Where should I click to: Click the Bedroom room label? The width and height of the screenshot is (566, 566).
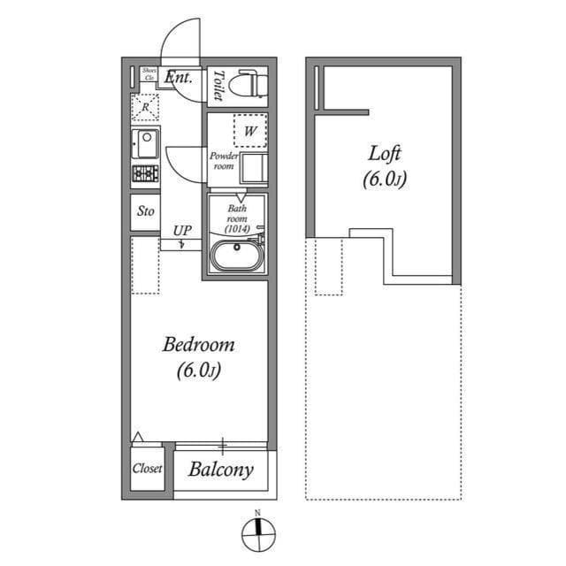pyautogui.click(x=198, y=345)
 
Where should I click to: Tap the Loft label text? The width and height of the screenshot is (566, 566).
pyautogui.click(x=385, y=153)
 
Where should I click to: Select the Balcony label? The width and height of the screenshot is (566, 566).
pyautogui.click(x=221, y=470)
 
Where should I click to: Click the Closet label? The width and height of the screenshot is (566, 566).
pyautogui.click(x=147, y=469)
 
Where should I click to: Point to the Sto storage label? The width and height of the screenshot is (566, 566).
pyautogui.click(x=146, y=211)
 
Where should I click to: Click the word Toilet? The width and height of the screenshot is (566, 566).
pyautogui.click(x=218, y=85)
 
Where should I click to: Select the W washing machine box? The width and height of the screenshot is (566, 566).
pyautogui.click(x=250, y=132)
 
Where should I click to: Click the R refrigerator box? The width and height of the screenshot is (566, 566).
pyautogui.click(x=145, y=108)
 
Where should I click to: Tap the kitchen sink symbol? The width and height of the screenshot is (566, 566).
pyautogui.click(x=145, y=142)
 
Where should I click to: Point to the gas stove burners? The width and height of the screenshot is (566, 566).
pyautogui.click(x=145, y=172)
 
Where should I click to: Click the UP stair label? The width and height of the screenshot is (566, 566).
pyautogui.click(x=182, y=232)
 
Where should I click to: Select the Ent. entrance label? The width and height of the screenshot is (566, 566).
pyautogui.click(x=180, y=77)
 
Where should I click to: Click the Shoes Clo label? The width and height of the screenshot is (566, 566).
pyautogui.click(x=149, y=74)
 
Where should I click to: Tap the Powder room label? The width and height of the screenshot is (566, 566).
pyautogui.click(x=223, y=161)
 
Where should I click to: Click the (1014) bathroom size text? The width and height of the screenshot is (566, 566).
pyautogui.click(x=236, y=229)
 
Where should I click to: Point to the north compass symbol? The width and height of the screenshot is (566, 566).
pyautogui.click(x=258, y=533)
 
